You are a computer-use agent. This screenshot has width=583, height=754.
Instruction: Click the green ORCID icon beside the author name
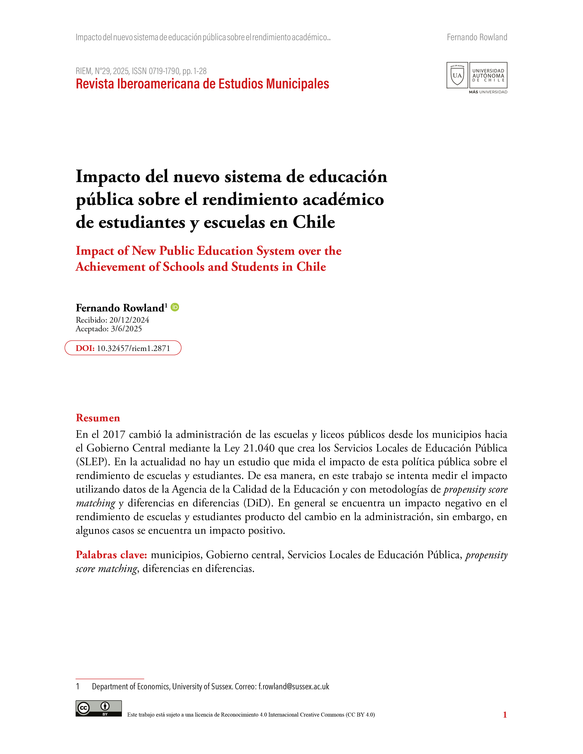[175, 307]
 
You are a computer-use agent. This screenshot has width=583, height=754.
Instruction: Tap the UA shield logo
[457, 75]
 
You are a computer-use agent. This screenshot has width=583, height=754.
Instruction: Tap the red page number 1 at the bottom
[505, 715]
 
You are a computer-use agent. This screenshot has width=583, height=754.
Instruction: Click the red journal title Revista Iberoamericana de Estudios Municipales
[202, 84]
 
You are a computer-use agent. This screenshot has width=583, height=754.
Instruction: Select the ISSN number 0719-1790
[164, 71]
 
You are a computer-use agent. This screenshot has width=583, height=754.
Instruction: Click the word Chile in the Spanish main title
[314, 222]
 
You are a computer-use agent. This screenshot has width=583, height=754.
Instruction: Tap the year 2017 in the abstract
[114, 434]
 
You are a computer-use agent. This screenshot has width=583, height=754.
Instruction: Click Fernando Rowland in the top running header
[477, 37]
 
